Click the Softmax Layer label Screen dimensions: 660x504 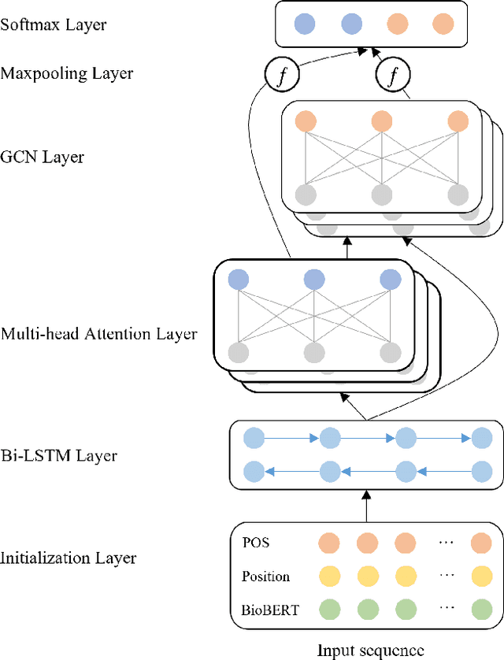tap(54, 24)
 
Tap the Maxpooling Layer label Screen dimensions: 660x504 tap(67, 73)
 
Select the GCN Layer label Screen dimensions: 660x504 tap(42, 157)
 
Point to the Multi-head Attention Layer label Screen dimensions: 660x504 tap(98, 334)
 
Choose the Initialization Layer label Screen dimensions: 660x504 tap(69, 558)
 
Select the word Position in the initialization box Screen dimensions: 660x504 tap(265, 577)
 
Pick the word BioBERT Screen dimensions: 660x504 tap(270, 609)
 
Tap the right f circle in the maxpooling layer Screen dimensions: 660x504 tap(389, 76)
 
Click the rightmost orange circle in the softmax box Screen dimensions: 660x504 tap(443, 24)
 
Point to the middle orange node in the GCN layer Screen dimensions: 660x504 tap(381, 121)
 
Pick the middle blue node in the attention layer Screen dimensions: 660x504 tap(313, 280)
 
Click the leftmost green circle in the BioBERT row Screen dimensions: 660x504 tap(328, 609)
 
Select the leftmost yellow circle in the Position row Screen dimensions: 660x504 tap(328, 577)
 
